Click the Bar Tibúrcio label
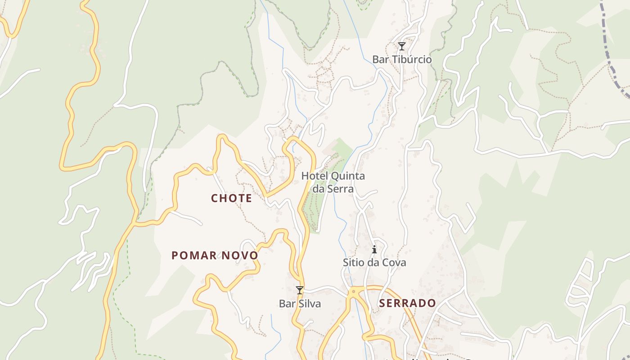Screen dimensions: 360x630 pyautogui.click(x=401, y=59)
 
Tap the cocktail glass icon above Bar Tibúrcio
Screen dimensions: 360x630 pyautogui.click(x=402, y=46)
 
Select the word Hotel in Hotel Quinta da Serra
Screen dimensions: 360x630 pyautogui.click(x=315, y=176)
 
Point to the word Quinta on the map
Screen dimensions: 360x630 pyautogui.click(x=348, y=176)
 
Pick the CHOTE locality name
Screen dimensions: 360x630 pyautogui.click(x=231, y=198)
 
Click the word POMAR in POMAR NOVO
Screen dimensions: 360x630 pyautogui.click(x=194, y=256)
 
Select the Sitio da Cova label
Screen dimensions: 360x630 pyautogui.click(x=374, y=262)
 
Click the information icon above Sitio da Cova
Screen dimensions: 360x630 pyautogui.click(x=374, y=249)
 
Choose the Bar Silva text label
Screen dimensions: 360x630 pyautogui.click(x=300, y=304)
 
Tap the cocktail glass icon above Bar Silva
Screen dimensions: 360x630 pyautogui.click(x=300, y=290)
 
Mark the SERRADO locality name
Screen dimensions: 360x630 pyautogui.click(x=407, y=303)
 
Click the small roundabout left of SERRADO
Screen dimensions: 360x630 pyautogui.click(x=354, y=292)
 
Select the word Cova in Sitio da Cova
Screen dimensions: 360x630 pyautogui.click(x=395, y=262)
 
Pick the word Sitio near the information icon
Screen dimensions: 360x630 pyautogui.click(x=353, y=262)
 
